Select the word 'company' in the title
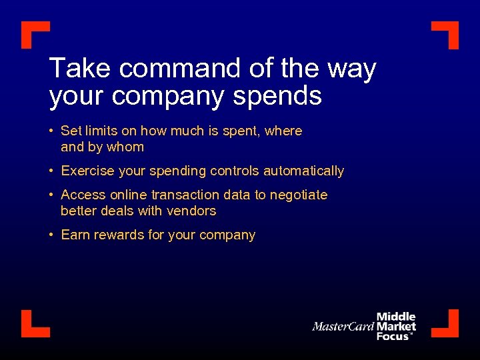pyautogui.click(x=169, y=97)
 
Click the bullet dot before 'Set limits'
pyautogui.click(x=51, y=131)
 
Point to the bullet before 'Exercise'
pyautogui.click(x=51, y=171)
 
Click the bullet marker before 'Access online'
pyautogui.click(x=51, y=195)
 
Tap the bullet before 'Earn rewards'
pyautogui.click(x=51, y=235)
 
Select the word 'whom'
pyautogui.click(x=125, y=147)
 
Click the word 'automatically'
pyautogui.click(x=303, y=171)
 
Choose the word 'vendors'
pyautogui.click(x=193, y=211)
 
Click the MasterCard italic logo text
pyautogui.click(x=343, y=327)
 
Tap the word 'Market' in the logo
pyautogui.click(x=396, y=327)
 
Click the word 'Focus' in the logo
pyautogui.click(x=393, y=336)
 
